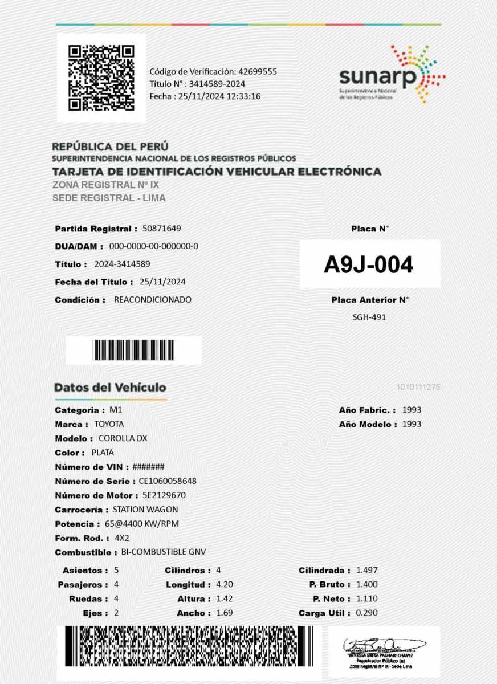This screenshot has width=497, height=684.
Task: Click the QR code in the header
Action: point(101,78)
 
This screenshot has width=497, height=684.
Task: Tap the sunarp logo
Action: point(392,75)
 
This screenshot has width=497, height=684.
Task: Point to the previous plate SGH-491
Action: point(369,317)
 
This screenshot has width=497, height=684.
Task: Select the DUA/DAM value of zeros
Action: point(153,246)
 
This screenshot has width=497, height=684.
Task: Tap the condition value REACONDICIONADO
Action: point(153,299)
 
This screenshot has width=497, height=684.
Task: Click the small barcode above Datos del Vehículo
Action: point(133,350)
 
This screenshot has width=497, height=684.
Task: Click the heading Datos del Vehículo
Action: point(110,388)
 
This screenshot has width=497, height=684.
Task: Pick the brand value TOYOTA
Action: point(109,424)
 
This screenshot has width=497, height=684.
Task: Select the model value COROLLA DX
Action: point(123,438)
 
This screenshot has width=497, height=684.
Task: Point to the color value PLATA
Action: point(103,453)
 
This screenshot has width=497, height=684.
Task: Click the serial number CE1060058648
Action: point(168,481)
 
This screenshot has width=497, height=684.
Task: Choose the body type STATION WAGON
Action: point(145,510)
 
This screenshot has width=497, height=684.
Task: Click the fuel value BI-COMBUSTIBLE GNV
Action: point(164,552)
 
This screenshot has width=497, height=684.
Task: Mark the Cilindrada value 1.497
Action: point(366,570)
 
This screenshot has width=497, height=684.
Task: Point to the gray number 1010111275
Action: point(418,388)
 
